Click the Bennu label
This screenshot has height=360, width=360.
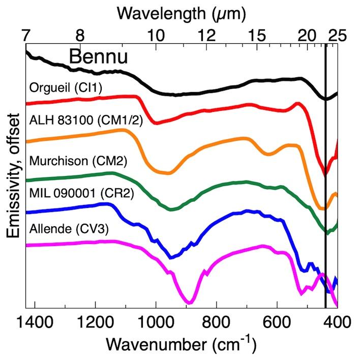pyautogui.click(x=98, y=57)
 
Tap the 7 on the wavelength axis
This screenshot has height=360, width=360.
pyautogui.click(x=26, y=36)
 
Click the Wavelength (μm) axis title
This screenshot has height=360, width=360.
pyautogui.click(x=182, y=13)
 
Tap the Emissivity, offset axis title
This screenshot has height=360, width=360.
pyautogui.click(x=14, y=175)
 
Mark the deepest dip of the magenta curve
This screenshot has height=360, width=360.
pyautogui.click(x=189, y=303)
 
